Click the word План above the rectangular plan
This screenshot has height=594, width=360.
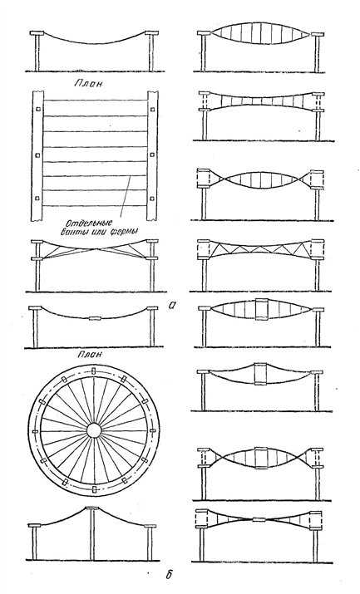88,83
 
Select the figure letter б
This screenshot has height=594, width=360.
169,574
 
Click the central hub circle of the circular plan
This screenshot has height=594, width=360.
94,430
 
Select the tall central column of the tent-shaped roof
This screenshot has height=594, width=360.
92,534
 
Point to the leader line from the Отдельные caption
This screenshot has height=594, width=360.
126,196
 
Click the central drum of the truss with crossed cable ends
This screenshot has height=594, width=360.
261,458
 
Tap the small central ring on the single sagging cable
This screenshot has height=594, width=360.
95,318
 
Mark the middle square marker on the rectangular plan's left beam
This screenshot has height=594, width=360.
38,155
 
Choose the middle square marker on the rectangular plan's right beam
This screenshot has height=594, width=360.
152,155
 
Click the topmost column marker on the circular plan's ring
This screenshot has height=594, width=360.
94,371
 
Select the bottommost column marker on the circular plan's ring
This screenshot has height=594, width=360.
94,490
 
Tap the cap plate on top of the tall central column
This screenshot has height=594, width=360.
92,508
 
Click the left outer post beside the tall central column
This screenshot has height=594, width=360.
34,543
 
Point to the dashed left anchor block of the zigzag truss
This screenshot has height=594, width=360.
204,249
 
